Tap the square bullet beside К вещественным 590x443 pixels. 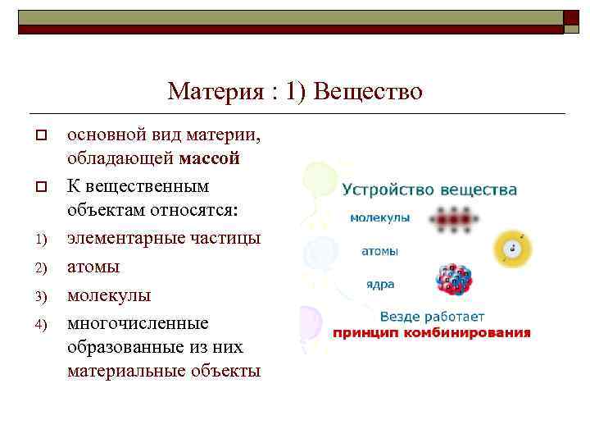coord(38,187)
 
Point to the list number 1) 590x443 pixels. coord(38,240)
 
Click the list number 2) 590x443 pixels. coord(38,267)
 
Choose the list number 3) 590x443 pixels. coord(38,295)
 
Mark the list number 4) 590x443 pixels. coord(38,323)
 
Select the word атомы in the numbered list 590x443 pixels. coord(93,267)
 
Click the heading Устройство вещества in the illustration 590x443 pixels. coord(429,190)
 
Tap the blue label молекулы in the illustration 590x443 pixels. coord(380,218)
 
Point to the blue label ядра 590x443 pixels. coord(380,285)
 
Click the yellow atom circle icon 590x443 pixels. coord(512,247)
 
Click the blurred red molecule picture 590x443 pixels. coord(455,219)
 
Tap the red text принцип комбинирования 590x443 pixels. coord(431,333)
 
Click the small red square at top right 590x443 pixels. coord(571,21)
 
